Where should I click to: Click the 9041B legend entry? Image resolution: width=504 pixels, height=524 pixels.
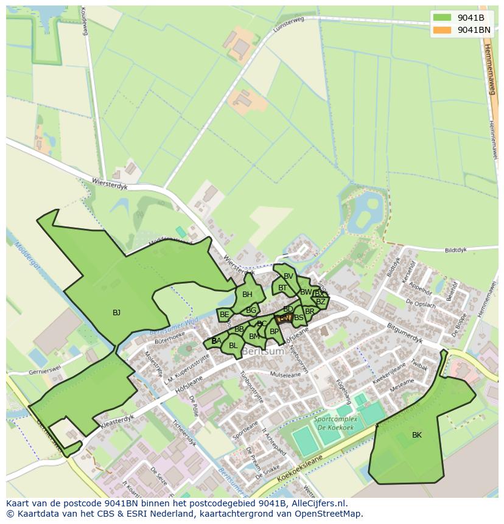pos(471,18)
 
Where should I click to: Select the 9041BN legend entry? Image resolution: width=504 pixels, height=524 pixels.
pos(474,30)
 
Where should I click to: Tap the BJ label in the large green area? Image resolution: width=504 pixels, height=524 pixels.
pos(116,313)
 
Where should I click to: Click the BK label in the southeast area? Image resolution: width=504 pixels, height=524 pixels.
pos(416,435)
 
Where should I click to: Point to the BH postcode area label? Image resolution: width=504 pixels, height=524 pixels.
pos(247,295)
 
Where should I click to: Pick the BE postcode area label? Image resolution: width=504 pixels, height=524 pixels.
pos(225,315)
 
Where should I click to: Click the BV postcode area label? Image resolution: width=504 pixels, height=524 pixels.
pos(289,276)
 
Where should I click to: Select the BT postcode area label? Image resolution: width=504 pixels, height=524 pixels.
pos(282,288)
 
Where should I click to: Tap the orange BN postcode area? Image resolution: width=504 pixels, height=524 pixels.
pos(284,318)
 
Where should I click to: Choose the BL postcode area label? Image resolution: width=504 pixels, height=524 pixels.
pos(233,346)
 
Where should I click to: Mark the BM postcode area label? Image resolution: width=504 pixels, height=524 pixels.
pos(254,336)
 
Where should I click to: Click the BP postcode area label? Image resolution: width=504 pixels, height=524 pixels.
pos(274,332)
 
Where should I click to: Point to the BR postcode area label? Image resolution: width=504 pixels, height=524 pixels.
pos(310,311)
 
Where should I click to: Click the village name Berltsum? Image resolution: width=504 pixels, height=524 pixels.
pos(263,352)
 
